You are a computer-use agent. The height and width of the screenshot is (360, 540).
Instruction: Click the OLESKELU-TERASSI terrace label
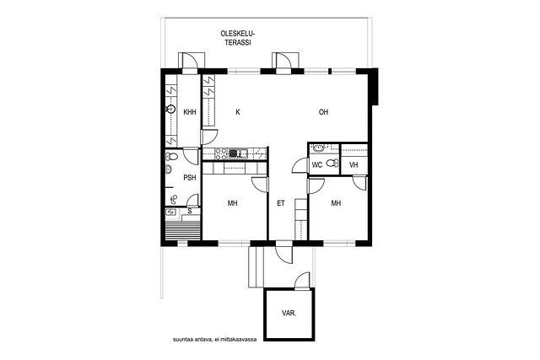point(237,38)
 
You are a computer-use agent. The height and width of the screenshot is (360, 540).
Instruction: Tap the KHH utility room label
point(190,112)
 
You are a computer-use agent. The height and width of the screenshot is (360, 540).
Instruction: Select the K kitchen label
point(238,112)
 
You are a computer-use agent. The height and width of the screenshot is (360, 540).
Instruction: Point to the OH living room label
point(323,112)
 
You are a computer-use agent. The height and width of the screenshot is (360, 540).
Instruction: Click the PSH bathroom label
point(190,178)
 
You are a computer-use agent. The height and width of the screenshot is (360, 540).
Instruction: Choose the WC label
point(317,165)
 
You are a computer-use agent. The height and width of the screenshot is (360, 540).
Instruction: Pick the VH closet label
point(354,165)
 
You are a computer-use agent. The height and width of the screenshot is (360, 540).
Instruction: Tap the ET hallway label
point(281,203)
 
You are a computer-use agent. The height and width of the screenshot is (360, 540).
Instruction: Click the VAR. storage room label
point(289,314)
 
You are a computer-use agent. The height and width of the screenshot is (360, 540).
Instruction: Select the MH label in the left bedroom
point(233,203)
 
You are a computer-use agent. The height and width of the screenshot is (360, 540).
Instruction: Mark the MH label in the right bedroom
point(336,203)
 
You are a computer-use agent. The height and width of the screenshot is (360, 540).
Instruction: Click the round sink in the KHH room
point(170,110)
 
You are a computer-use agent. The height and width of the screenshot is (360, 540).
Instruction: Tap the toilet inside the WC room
point(332,163)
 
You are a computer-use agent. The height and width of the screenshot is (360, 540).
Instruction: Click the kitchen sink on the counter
point(238,153)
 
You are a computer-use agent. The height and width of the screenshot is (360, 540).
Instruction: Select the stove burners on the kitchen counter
point(221,153)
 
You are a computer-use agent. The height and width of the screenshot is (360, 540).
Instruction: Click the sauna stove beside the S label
point(170,212)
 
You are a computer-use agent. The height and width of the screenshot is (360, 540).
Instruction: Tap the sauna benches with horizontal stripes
point(183,231)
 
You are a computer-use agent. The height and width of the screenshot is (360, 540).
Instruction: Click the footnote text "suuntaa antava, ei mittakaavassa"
point(215,340)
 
